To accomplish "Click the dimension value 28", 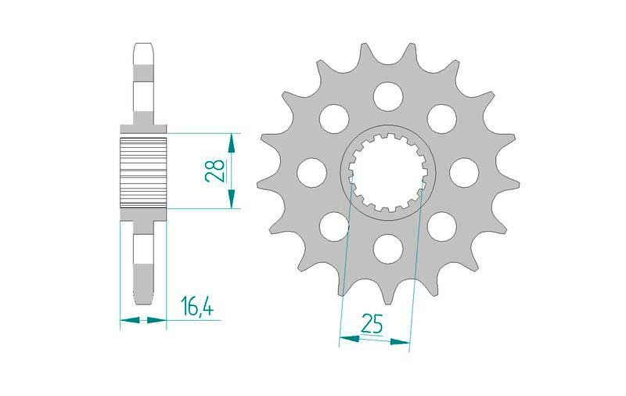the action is click(x=214, y=171).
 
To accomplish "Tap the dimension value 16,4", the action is click(x=197, y=306).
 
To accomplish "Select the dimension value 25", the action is click(x=372, y=323).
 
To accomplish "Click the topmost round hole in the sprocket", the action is click(x=388, y=96).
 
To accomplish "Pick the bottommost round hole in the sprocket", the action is click(x=388, y=249).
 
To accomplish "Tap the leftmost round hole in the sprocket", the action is click(x=311, y=173).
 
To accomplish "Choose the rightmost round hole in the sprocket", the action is click(x=464, y=173).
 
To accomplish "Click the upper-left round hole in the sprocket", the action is click(x=334, y=119).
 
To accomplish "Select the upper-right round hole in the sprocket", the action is click(x=442, y=119).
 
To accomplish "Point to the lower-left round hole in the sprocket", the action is click(x=334, y=227).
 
